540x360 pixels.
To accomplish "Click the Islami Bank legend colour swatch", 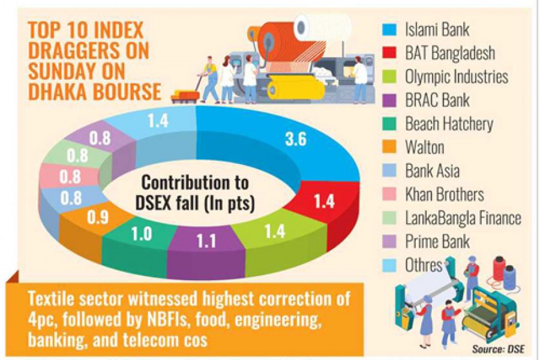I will pos(391,29).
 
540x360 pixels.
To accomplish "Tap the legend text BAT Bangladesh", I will pos(450,53).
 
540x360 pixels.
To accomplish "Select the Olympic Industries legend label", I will pos(457,77).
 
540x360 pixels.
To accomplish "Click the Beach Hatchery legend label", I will pos(449,124).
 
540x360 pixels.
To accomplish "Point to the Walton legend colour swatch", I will pos(391,148).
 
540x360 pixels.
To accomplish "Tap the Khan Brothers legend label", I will pos(445,194).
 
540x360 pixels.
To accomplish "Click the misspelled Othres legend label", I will pos(424,265).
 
